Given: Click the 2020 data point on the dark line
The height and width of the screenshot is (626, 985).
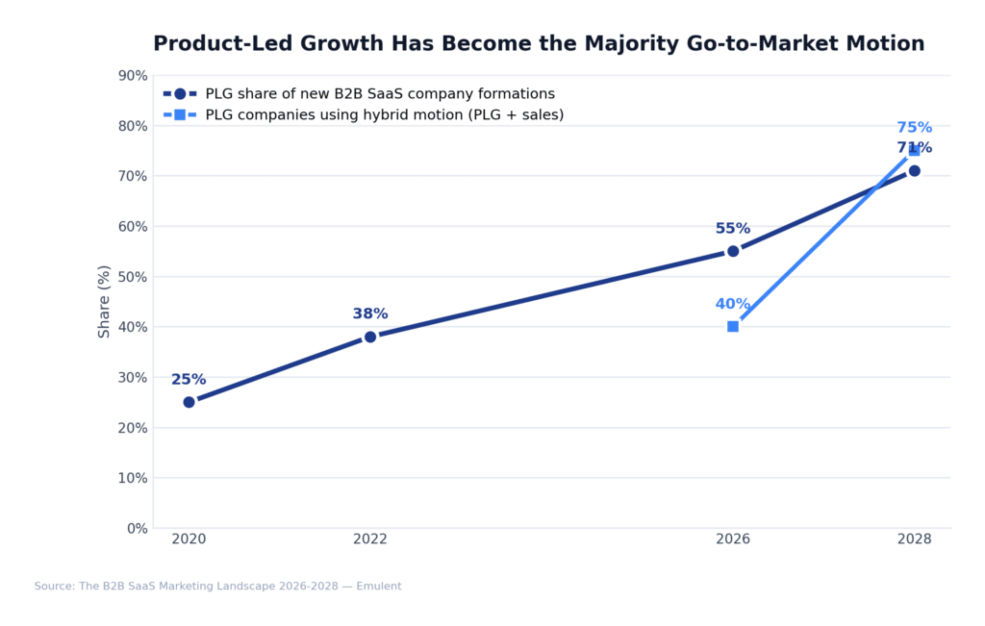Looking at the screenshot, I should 189,402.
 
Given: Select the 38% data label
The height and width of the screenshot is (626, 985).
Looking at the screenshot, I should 370,314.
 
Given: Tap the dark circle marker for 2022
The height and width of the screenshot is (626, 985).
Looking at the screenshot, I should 370,337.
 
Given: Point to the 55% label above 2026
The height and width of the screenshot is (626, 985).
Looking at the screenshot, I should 733,229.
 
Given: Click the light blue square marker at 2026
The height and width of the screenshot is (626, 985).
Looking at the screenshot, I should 733,326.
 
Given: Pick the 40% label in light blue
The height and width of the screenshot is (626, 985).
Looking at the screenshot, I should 733,304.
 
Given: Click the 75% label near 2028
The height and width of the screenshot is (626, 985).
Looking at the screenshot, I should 914,128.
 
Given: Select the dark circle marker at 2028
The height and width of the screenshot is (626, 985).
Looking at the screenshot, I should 914,171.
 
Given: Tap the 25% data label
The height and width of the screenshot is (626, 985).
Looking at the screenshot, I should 189,380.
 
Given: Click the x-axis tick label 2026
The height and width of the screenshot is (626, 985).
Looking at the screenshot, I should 733,539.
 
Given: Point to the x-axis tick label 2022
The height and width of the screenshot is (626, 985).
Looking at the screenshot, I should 370,539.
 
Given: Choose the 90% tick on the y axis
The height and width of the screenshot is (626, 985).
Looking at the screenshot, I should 132,76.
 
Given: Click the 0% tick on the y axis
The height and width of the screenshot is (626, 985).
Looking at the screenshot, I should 137,528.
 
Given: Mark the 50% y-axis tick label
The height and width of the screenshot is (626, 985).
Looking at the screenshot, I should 132,277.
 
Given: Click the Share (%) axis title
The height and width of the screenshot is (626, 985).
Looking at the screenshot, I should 105,301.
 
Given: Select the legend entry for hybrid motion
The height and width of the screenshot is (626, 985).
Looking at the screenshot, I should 384,115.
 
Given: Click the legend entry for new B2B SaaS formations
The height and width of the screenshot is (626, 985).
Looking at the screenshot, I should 379,94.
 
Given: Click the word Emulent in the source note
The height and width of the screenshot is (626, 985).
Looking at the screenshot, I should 378,587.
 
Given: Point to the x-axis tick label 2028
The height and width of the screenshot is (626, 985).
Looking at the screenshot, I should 914,539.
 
